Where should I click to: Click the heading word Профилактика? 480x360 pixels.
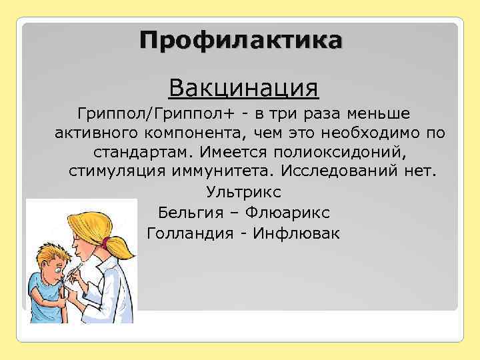click(242, 39)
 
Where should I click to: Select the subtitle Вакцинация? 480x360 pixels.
click(243, 87)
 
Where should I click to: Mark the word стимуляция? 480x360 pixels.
click(117, 172)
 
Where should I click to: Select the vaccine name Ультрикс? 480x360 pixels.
click(244, 193)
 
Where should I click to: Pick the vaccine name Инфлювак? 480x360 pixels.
click(300, 233)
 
